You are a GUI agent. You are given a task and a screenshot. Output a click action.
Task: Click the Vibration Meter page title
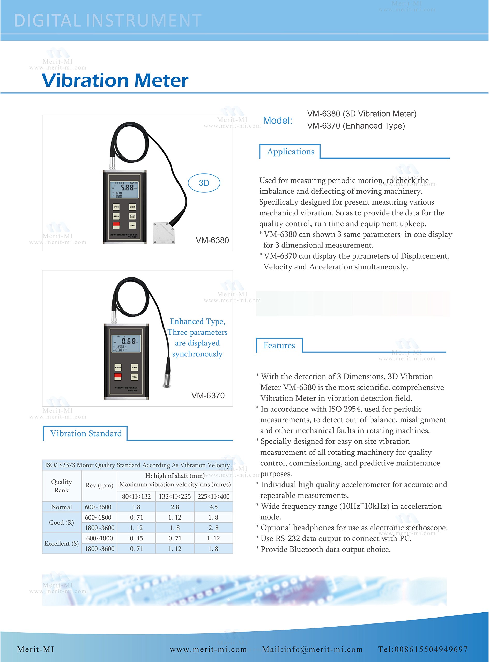(115, 80)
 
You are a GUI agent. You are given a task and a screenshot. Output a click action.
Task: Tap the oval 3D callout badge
(204, 183)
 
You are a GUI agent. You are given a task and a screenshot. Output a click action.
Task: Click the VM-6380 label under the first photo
(212, 240)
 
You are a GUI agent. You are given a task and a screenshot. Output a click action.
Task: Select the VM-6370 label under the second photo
(208, 395)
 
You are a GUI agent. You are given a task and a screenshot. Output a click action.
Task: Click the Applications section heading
(290, 152)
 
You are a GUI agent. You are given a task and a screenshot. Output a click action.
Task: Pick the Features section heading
(279, 345)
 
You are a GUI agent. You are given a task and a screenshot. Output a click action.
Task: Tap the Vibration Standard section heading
(86, 433)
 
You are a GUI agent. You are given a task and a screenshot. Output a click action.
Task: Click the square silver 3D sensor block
(164, 233)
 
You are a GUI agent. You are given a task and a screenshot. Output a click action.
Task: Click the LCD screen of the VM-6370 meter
(126, 343)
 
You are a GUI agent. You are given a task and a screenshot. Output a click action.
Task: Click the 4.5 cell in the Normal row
(213, 507)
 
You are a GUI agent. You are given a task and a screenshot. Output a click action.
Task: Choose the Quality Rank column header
(62, 486)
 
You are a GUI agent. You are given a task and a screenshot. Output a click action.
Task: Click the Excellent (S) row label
(62, 543)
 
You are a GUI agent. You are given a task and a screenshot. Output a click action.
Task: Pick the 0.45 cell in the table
(136, 538)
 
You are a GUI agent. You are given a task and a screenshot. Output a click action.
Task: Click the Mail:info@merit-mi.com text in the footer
(312, 649)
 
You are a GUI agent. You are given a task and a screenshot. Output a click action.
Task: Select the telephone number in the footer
(423, 649)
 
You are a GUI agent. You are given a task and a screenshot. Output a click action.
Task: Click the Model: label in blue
(277, 121)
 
